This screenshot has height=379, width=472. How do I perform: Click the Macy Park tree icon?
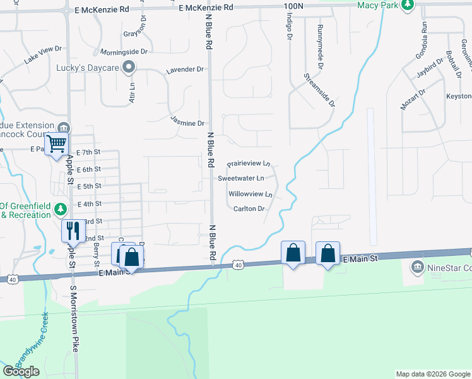(408, 5)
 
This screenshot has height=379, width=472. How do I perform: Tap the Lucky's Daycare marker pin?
(129, 66)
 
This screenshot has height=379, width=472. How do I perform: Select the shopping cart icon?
(57, 144)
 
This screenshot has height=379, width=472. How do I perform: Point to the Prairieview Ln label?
(249, 164)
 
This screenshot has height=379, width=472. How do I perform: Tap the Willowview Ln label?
(251, 194)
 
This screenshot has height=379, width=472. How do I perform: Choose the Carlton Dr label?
(248, 208)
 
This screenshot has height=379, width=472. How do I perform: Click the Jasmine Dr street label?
(187, 123)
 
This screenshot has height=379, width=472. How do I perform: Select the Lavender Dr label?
(185, 69)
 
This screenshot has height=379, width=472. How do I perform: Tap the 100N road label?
(294, 5)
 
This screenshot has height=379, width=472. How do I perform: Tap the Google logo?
(21, 371)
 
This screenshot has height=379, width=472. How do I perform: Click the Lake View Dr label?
(44, 54)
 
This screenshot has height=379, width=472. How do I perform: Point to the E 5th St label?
(88, 186)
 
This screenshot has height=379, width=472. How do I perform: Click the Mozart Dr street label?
(413, 99)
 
